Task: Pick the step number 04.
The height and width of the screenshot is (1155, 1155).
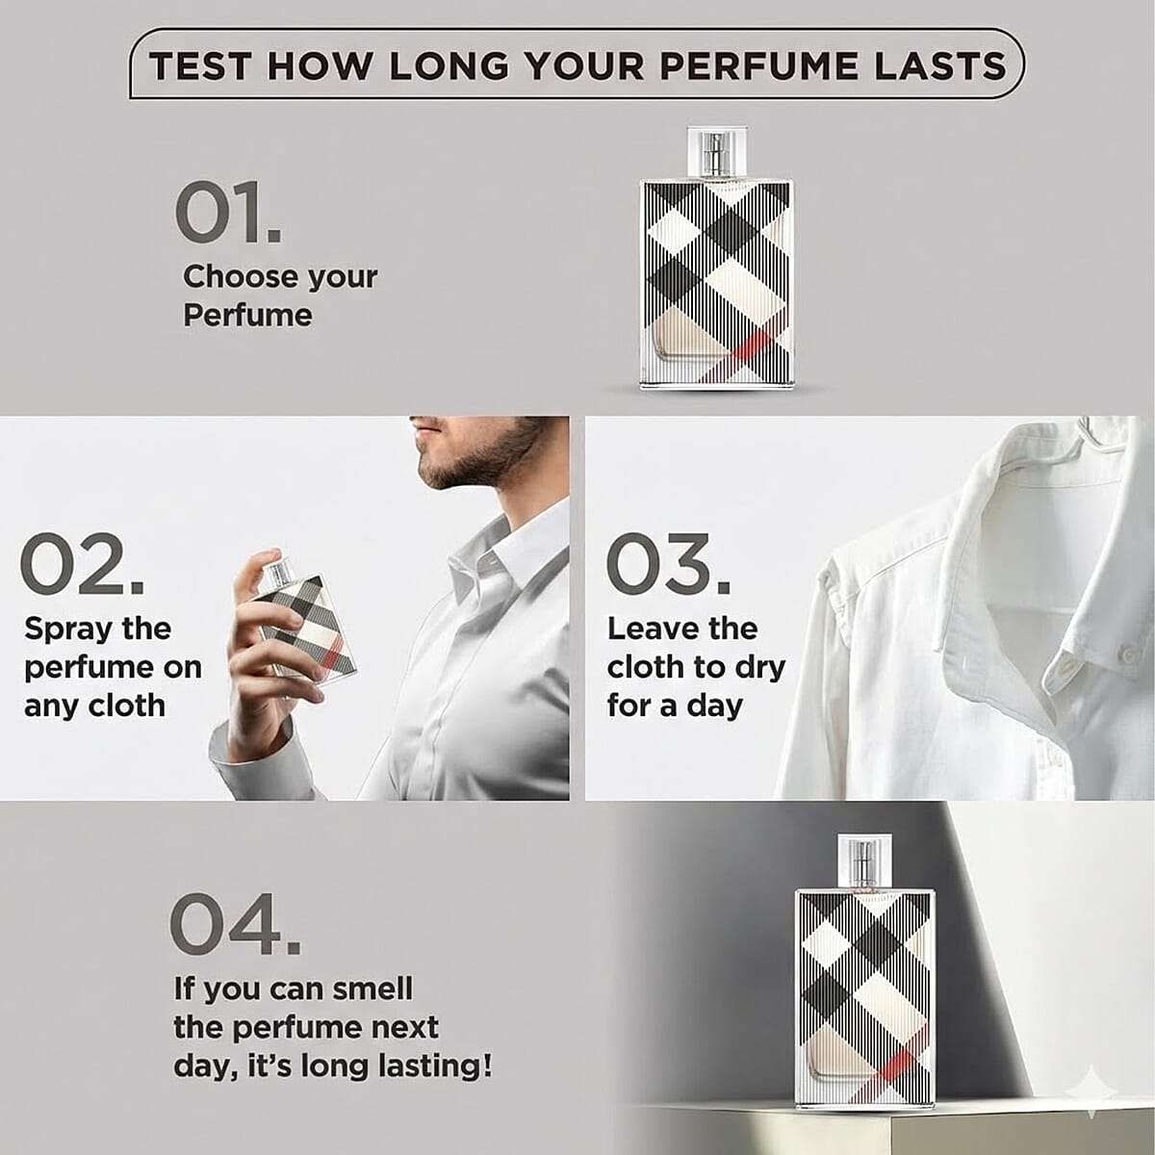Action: click(235, 924)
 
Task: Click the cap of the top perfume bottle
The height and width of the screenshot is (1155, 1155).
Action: click(717, 153)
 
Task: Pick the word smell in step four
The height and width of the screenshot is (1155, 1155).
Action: click(372, 989)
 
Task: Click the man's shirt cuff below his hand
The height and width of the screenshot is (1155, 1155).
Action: click(259, 756)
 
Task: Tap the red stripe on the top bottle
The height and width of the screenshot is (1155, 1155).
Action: click(748, 352)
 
